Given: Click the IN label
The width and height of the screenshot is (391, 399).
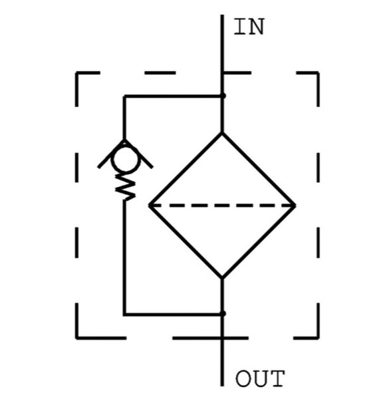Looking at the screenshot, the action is pyautogui.click(x=249, y=27).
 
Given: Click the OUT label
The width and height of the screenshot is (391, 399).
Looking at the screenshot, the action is pyautogui.click(x=260, y=378).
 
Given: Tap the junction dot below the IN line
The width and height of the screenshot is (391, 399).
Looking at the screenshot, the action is pyautogui.click(x=223, y=96).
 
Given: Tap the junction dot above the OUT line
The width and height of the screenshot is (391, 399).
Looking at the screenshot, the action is pyautogui.click(x=223, y=313).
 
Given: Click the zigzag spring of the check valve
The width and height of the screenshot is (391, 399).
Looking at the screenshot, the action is pyautogui.click(x=125, y=188).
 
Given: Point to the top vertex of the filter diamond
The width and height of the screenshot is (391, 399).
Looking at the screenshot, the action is pyautogui.click(x=222, y=133).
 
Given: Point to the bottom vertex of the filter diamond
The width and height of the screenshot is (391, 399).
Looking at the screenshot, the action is pyautogui.click(x=222, y=277).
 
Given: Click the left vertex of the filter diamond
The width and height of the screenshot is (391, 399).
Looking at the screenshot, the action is pyautogui.click(x=150, y=205).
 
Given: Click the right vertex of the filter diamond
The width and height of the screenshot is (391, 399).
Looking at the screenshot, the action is pyautogui.click(x=295, y=205).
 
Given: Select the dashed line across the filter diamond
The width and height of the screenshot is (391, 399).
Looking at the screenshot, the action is pyautogui.click(x=222, y=205).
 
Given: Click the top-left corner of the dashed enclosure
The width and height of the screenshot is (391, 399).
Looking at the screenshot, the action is pyautogui.click(x=76, y=72).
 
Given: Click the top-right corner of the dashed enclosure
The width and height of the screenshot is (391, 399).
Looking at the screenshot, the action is pyautogui.click(x=318, y=72).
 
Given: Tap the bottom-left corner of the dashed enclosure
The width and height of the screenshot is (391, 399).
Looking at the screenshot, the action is pyautogui.click(x=76, y=338).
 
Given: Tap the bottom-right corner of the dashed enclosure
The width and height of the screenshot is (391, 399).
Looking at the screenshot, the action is pyautogui.click(x=318, y=338).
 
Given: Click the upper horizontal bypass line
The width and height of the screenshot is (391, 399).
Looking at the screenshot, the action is pyautogui.click(x=174, y=96).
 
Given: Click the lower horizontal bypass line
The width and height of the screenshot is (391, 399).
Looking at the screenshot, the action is pyautogui.click(x=174, y=315).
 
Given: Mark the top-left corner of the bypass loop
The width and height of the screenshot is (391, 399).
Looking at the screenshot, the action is pyautogui.click(x=124, y=96).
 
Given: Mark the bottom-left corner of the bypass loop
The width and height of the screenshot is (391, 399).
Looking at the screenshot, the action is pyautogui.click(x=124, y=315).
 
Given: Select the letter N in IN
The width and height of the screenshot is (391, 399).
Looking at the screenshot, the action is pyautogui.click(x=257, y=27).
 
